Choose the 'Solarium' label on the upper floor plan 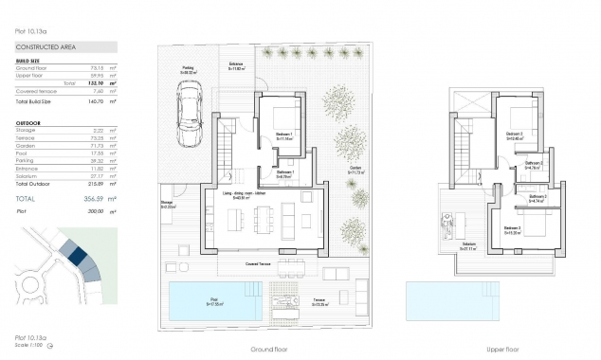point(468,243)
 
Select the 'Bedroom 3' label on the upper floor point(513,228)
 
